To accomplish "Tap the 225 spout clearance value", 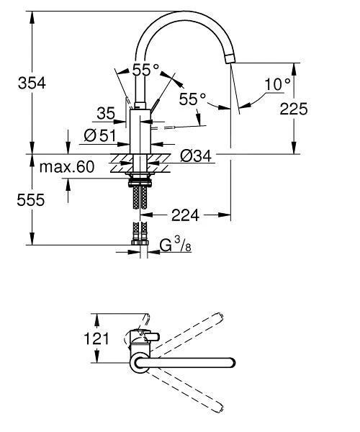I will pyautogui.click(x=293, y=109).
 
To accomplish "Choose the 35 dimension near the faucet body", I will pyautogui.click(x=105, y=112).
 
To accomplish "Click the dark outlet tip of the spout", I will pyautogui.click(x=230, y=58).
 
